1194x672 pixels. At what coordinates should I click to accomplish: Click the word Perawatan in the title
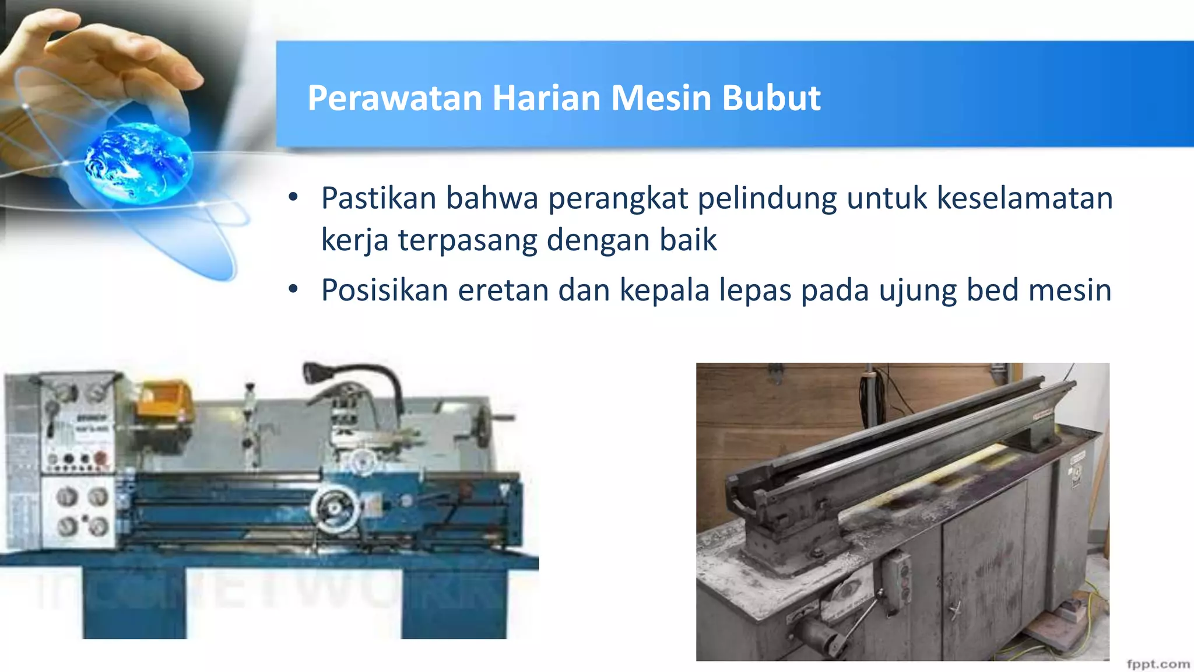pyautogui.click(x=395, y=98)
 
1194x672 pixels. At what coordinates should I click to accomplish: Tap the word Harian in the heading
pyautogui.click(x=546, y=98)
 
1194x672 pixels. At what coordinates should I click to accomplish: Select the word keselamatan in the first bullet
pyautogui.click(x=1024, y=198)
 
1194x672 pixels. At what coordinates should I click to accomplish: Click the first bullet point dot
pyautogui.click(x=293, y=197)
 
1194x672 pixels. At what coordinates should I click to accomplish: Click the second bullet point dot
pyautogui.click(x=293, y=289)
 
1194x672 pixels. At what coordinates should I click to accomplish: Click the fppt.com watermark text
pyautogui.click(x=1158, y=664)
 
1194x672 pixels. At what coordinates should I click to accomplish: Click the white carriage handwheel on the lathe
pyautogui.click(x=334, y=509)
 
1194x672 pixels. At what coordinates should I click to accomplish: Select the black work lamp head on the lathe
pyautogui.click(x=315, y=372)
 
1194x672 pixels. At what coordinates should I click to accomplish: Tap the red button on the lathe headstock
pyautogui.click(x=101, y=458)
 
